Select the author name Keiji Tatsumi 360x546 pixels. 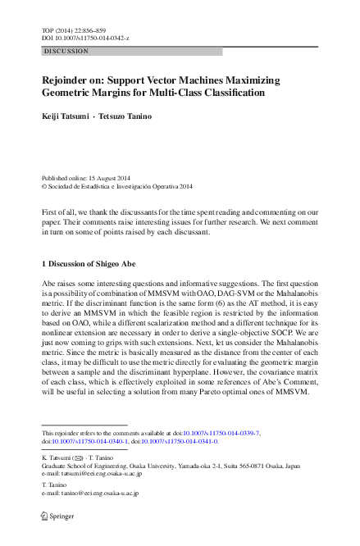66,116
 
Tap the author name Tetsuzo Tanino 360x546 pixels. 125,116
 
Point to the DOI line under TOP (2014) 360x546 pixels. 84,39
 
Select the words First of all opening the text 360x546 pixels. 57,212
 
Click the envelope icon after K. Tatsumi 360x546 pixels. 79,458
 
